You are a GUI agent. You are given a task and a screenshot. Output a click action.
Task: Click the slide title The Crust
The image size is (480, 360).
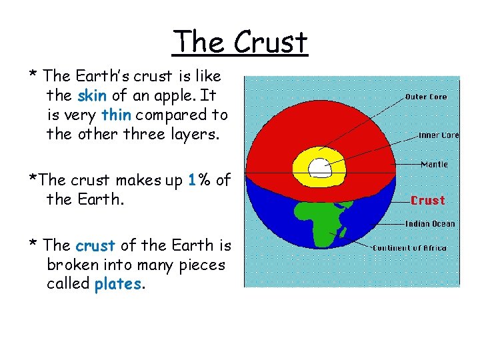pos(240,42)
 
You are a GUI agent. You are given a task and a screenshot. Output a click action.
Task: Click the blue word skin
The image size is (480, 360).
pos(92,95)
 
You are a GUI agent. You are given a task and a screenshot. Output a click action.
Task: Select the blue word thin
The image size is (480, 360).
pos(117,115)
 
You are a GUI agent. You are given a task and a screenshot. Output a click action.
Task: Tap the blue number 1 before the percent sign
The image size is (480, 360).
pos(192,180)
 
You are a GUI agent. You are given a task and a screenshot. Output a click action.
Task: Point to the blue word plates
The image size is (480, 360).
pos(117,284)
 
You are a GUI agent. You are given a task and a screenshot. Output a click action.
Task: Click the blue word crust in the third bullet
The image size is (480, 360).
pos(96,245)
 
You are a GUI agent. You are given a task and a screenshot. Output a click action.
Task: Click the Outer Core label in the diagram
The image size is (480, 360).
pos(426,97)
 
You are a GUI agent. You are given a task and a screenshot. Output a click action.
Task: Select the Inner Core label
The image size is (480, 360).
pos(438,135)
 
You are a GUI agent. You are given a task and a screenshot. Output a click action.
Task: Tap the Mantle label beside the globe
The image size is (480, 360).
pos(434,164)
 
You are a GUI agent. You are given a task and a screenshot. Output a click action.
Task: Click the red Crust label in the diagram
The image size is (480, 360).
pos(427,200)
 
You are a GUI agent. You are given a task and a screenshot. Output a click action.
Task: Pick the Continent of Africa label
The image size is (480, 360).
pos(419,249)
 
